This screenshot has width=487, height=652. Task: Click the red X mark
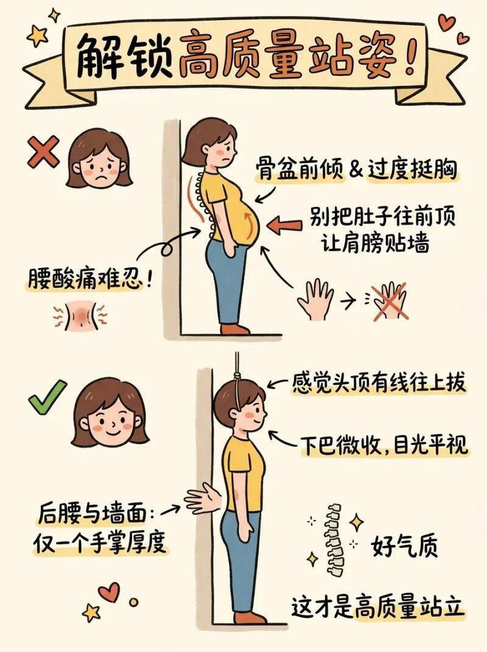[43, 153]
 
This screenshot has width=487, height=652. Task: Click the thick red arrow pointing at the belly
[286, 226]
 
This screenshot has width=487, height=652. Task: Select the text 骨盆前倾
[300, 169]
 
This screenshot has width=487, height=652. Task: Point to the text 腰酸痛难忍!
[90, 278]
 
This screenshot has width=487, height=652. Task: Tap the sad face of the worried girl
[99, 159]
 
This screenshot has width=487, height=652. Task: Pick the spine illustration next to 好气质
[335, 540]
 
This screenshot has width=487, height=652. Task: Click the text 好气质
[404, 546]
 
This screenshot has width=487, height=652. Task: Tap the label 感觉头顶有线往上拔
[378, 382]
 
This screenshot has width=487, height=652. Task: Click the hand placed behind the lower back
[203, 499]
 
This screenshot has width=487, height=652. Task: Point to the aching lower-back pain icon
[80, 315]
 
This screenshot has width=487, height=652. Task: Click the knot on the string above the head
[237, 376]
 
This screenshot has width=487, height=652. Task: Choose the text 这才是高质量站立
[377, 608]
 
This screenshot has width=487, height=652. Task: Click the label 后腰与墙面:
[96, 514]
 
